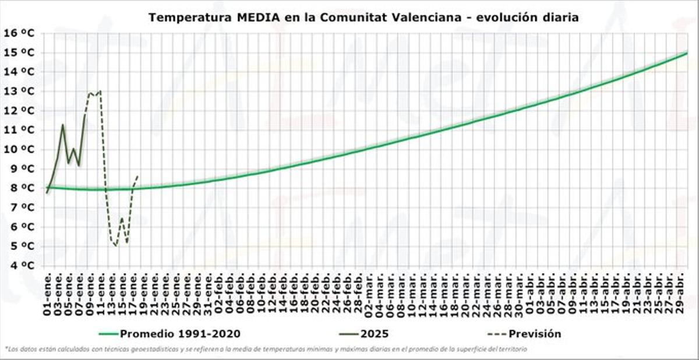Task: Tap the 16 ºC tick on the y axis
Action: coord(19,33)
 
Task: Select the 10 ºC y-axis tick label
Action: coord(19,149)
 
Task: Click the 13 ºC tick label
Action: coord(19,91)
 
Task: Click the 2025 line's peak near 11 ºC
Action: coord(63,125)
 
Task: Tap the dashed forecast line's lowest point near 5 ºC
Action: coord(116,246)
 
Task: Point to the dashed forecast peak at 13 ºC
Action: coord(100,91)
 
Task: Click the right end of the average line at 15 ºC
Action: coord(687,53)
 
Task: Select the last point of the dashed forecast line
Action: coord(137,175)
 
